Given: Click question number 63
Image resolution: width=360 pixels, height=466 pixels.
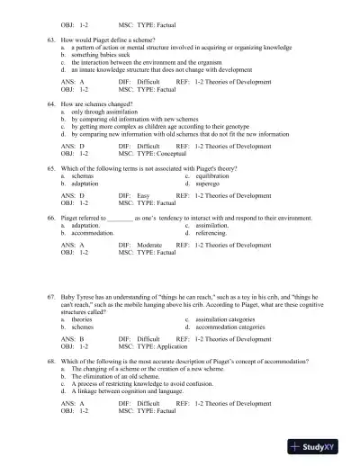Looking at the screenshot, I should [x=51, y=43].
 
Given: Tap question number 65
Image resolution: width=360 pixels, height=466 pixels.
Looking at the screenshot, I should [x=51, y=168].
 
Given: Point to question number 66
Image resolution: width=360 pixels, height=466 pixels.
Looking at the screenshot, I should [x=51, y=217].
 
